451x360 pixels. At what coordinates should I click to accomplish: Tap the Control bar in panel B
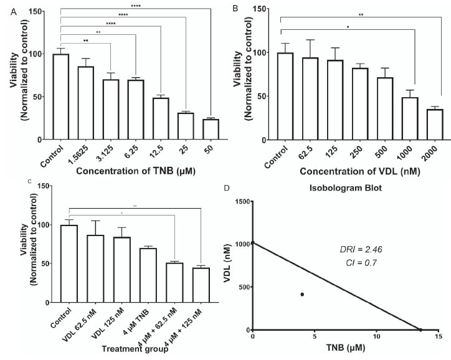point(284,97)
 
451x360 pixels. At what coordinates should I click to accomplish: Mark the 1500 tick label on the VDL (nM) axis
point(237,201)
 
